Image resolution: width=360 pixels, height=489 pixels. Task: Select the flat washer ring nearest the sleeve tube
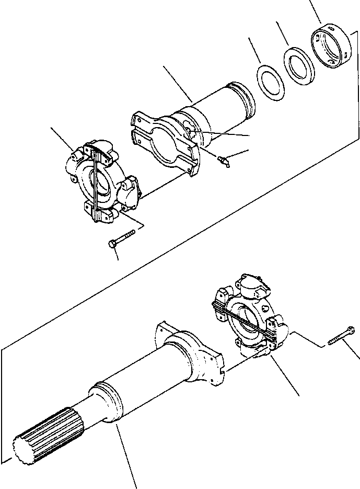pyautogui.click(x=270, y=82)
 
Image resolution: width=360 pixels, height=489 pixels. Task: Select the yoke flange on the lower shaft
pyautogui.click(x=193, y=356)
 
